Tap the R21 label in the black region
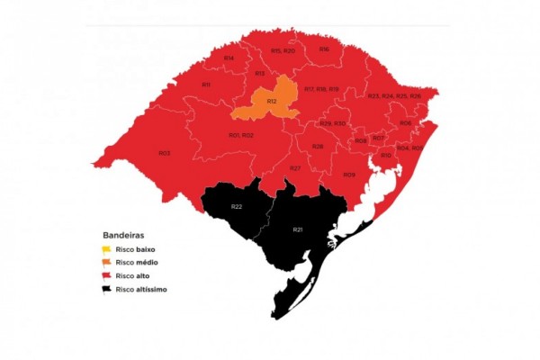pyautogui.click(x=298, y=230)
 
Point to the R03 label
pyautogui.click(x=165, y=153)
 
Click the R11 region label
pyautogui.click(x=206, y=85)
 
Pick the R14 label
pyautogui.click(x=229, y=58)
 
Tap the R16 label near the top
pyautogui.click(x=324, y=49)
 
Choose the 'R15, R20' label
pyautogui.click(x=283, y=51)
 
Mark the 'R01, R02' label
pyautogui.click(x=240, y=135)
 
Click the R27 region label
pyautogui.click(x=295, y=168)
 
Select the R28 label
pyautogui.click(x=318, y=146)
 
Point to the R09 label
pyautogui.click(x=348, y=175)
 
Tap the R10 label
pyautogui.click(x=385, y=156)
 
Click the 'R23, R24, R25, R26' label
pyautogui.click(x=394, y=95)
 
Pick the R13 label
pyautogui.click(x=259, y=73)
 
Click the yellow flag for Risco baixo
pyautogui.click(x=105, y=248)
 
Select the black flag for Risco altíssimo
pyautogui.click(x=105, y=289)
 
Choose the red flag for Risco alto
pyautogui.click(x=105, y=275)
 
